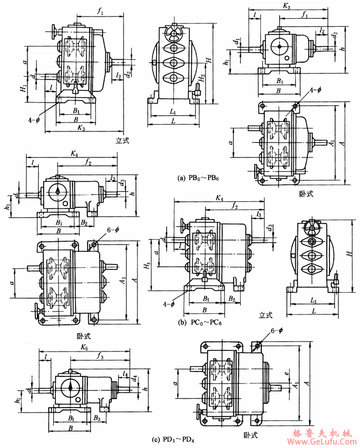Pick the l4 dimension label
point(126,375)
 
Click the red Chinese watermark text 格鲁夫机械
point(322,432)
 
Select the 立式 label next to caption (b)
point(267,315)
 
